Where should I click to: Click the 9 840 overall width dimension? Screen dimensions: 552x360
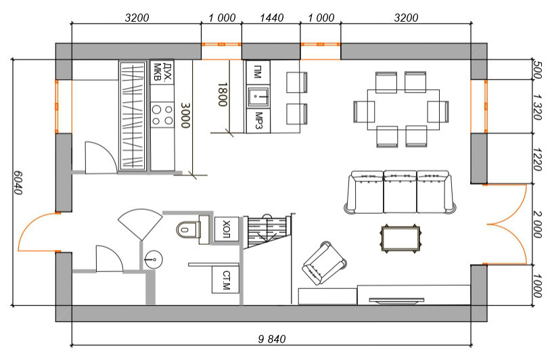[x=272, y=339]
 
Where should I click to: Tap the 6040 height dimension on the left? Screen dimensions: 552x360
[x=18, y=183]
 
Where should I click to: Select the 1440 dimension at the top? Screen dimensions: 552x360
[x=271, y=18]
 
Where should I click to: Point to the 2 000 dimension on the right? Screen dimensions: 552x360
[x=537, y=224]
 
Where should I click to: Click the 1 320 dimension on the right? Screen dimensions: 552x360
[x=537, y=107]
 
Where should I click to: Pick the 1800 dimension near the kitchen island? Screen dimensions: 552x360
[x=222, y=95]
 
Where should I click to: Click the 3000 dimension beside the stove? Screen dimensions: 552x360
[x=185, y=115]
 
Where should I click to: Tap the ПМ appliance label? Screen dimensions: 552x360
[x=258, y=72]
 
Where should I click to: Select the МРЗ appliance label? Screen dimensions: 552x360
[x=258, y=121]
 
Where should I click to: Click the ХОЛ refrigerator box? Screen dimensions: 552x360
[x=227, y=229]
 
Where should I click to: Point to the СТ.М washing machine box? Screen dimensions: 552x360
[x=226, y=279]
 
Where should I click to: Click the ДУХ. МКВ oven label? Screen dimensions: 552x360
[x=162, y=72]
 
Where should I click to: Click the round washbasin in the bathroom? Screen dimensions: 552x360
[x=154, y=260]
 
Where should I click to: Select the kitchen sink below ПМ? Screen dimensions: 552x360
[x=258, y=97]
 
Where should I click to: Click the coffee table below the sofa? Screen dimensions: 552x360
[x=400, y=238]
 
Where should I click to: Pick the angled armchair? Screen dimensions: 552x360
[x=324, y=263]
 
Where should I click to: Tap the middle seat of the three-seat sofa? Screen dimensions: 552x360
[x=400, y=192]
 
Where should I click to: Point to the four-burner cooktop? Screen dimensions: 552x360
[x=162, y=115]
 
